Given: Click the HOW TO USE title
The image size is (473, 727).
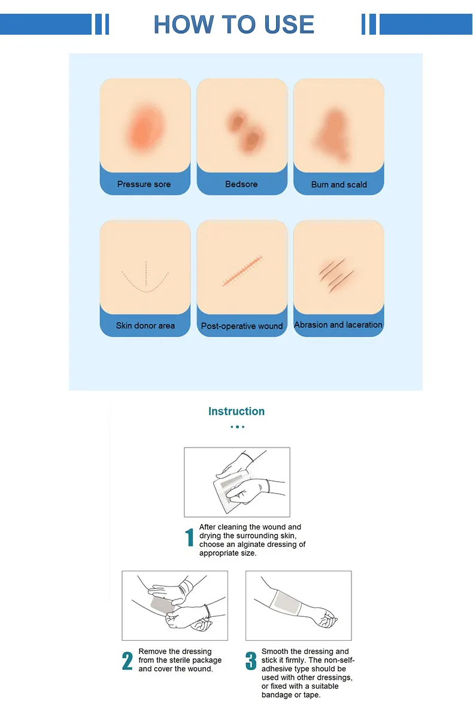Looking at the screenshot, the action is [234, 25].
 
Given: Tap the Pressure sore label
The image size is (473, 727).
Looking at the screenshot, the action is [144, 184].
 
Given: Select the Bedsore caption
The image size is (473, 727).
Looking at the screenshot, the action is [241, 184].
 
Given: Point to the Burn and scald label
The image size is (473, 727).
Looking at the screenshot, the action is [339, 185].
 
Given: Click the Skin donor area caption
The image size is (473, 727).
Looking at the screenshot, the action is [145, 326].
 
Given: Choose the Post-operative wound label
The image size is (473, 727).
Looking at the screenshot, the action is [242, 326].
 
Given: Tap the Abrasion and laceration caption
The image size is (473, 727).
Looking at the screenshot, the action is [338, 325].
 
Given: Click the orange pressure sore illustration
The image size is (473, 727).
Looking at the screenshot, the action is [145, 127].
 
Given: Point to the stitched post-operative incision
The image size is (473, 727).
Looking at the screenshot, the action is [242, 270].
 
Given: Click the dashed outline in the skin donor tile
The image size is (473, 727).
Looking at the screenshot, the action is [145, 277].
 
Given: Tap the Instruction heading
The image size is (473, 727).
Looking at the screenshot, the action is [236, 411].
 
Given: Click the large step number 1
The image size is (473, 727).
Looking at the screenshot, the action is [189, 537].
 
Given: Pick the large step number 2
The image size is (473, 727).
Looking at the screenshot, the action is [128, 661].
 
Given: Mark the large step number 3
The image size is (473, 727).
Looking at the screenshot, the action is [251, 661].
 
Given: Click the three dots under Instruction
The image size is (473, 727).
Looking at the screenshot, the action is [238, 427].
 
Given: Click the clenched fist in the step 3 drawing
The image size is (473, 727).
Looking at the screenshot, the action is [326, 619].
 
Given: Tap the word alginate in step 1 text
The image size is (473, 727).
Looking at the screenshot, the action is [250, 545].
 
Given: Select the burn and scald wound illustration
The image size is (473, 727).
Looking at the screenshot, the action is [333, 135].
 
